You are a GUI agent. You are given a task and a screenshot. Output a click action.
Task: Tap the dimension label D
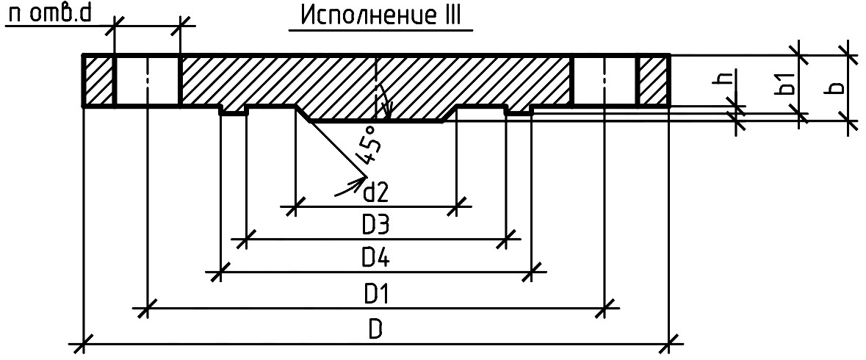click(x=375, y=330)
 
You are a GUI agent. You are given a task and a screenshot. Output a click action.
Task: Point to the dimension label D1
click(x=376, y=296)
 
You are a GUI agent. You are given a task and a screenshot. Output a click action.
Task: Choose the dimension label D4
click(x=376, y=259)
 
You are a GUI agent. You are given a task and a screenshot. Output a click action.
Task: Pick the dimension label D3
click(x=376, y=226)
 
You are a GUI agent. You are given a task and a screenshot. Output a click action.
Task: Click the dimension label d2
click(x=376, y=193)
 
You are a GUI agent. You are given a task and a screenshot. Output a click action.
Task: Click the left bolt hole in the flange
click(x=147, y=80)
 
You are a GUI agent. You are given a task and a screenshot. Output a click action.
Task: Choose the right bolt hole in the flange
click(x=605, y=80)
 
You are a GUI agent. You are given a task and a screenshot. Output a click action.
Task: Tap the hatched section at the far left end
click(x=98, y=80)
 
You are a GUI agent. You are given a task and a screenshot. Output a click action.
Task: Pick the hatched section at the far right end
click(x=654, y=80)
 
